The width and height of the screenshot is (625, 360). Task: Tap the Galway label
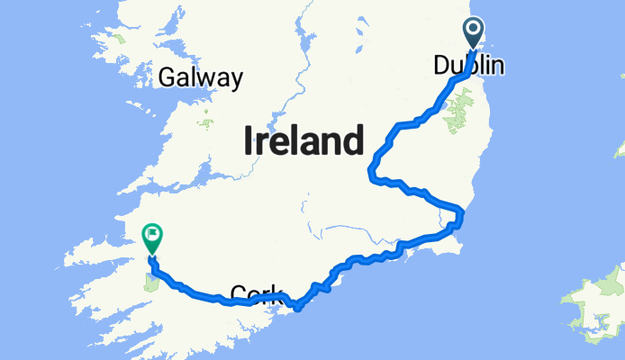[x=200, y=78]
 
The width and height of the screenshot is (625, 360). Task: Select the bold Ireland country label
[x=303, y=141]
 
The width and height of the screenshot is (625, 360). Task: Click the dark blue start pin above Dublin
[x=474, y=33]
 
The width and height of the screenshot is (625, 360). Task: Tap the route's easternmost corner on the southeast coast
[x=460, y=214]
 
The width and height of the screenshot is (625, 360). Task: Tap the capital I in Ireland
[x=247, y=141]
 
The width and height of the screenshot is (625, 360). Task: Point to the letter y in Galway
[x=235, y=81]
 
